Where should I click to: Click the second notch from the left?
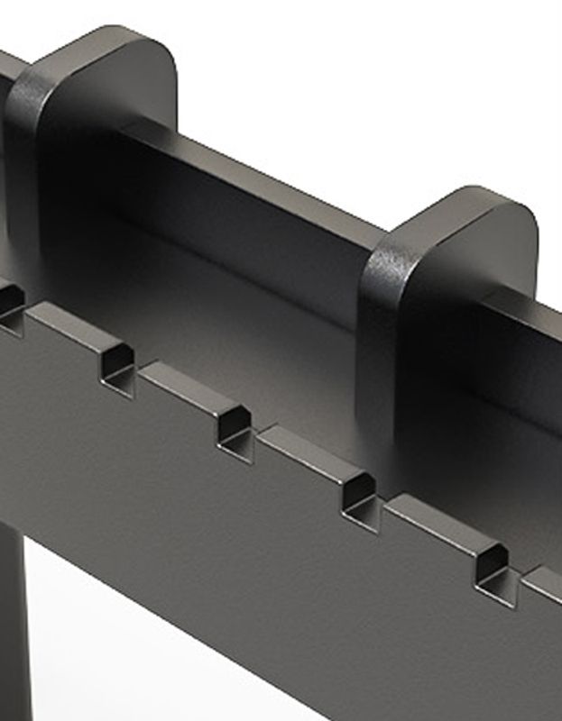pyautogui.click(x=117, y=370)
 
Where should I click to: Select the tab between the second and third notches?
pyautogui.click(x=180, y=383)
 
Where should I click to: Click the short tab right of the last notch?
pyautogui.click(x=545, y=577)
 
